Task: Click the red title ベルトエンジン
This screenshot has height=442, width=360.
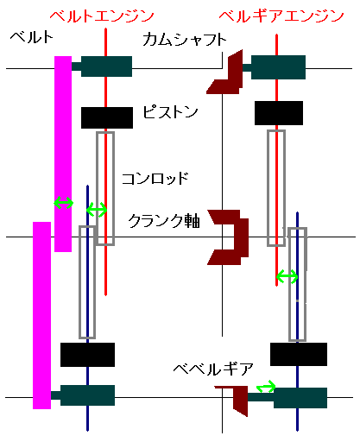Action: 102,16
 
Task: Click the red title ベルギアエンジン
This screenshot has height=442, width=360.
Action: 281,16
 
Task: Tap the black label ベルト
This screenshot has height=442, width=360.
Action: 32,37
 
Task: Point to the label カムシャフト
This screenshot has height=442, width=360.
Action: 184,40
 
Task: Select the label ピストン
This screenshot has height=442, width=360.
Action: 170,111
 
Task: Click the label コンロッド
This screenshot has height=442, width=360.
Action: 155,179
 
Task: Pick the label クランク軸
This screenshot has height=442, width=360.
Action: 164,221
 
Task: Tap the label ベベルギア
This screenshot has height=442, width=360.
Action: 213,369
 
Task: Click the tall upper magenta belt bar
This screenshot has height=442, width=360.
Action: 63,154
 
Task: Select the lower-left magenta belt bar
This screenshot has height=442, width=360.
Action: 41,315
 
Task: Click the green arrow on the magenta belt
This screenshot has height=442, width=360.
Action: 64,203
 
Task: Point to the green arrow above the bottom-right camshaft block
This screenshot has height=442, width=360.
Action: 266,387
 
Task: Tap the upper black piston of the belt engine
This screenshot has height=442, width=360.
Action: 107,117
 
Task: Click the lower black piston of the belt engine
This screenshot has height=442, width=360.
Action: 87,355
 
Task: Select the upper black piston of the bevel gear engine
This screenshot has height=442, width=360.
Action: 279,113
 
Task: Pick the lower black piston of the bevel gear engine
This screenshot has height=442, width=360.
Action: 299,354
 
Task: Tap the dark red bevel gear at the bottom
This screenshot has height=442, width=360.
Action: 240,400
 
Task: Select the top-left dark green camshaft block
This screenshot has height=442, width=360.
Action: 106,66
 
